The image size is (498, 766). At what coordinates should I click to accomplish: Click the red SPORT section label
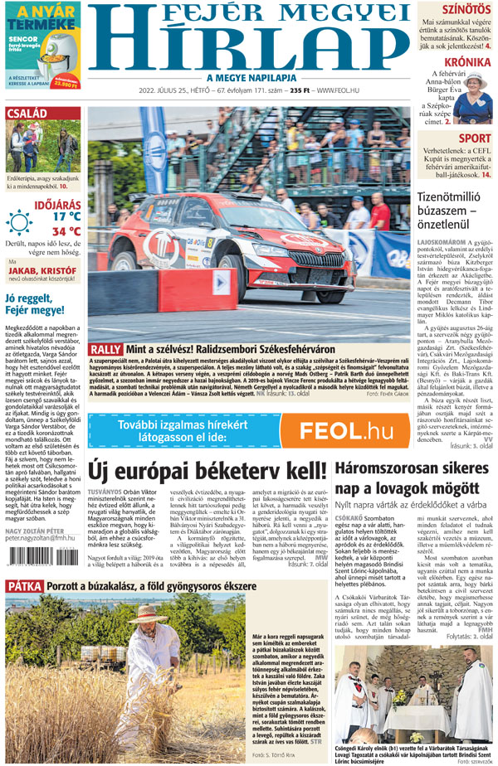[474, 138]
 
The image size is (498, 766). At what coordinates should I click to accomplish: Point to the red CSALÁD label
[27, 114]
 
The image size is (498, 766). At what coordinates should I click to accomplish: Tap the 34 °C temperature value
[66, 231]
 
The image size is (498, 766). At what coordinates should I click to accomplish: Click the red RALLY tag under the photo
[106, 349]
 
